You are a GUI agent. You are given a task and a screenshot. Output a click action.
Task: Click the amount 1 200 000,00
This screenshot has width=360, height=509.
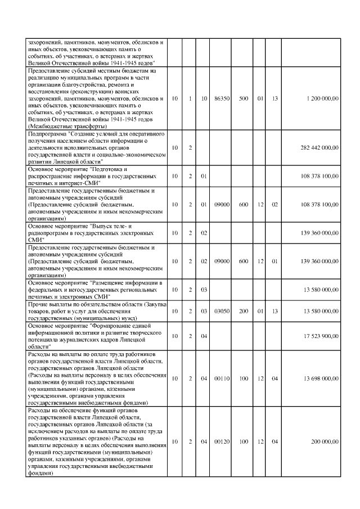point(323,98)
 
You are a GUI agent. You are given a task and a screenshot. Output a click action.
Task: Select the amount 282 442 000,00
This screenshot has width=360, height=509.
point(319,148)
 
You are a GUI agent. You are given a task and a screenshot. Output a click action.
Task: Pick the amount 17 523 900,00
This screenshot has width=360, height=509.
point(321,336)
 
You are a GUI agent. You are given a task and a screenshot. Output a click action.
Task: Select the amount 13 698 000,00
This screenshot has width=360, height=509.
point(321,379)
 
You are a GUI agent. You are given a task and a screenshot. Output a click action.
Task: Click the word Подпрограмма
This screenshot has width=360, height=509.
point(47,135)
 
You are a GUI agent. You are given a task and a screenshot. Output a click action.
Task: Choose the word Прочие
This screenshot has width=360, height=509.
point(38,304)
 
